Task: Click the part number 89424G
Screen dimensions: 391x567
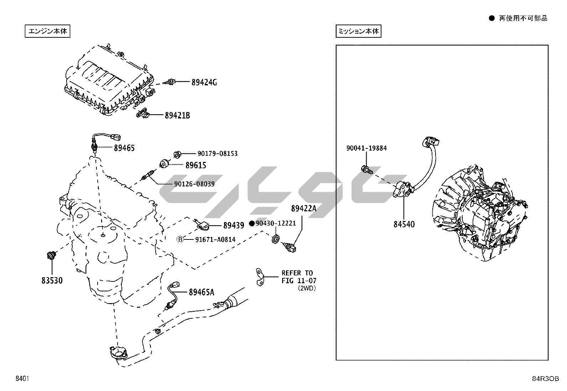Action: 204,83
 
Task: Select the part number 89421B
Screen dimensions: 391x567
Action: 177,116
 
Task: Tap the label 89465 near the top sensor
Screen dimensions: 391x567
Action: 124,148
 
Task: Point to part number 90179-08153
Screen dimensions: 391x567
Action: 217,154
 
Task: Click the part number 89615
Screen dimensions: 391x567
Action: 196,165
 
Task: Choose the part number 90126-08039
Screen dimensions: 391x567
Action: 194,184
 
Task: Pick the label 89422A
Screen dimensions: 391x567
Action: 303,208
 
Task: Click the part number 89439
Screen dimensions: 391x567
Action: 234,226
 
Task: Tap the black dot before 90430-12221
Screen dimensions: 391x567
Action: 252,223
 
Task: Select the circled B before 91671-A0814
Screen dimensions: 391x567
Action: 180,239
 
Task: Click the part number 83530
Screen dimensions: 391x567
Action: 52,281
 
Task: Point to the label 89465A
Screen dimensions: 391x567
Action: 201,292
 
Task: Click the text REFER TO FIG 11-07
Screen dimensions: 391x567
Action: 298,277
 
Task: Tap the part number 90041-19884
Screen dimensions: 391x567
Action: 366,148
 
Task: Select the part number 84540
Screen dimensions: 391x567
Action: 404,224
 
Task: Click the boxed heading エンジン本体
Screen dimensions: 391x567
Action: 48,31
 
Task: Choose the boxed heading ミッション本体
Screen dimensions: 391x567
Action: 358,31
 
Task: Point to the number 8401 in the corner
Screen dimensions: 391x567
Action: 22,379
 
